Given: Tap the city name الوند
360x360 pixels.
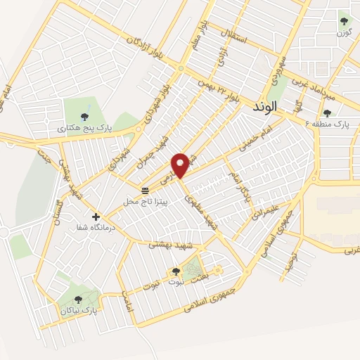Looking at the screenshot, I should (265, 105).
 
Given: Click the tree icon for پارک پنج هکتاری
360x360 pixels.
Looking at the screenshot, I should (85, 116).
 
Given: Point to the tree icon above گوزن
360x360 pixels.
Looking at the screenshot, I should (344, 21).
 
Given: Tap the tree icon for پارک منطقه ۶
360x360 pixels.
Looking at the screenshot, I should (327, 113).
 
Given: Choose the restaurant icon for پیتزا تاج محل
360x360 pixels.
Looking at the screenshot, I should (145, 191).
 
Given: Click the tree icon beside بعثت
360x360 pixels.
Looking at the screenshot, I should (176, 271).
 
